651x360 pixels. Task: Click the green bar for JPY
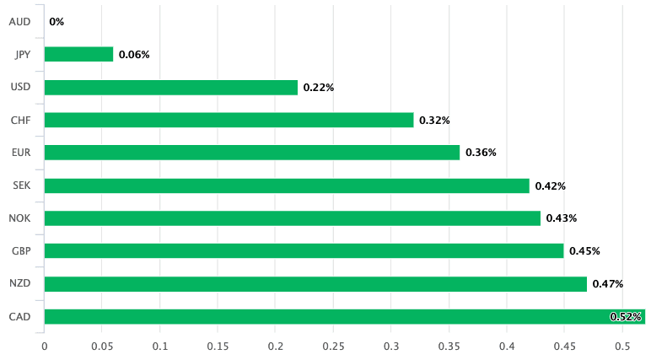click(x=78, y=54)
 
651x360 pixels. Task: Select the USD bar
click(x=170, y=87)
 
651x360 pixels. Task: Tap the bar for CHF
click(x=229, y=120)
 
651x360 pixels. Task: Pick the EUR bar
click(x=251, y=153)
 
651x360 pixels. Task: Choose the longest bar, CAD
click(x=337, y=317)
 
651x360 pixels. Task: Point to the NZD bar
click(x=315, y=284)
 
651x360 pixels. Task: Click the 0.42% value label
click(x=550, y=186)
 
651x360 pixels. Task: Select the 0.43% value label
click(x=561, y=219)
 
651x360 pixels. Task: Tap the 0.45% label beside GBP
click(x=584, y=251)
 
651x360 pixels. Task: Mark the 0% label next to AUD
click(x=56, y=22)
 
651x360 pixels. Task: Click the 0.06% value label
click(x=134, y=55)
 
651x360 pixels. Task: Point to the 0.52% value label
click(x=626, y=317)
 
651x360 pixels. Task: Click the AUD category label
click(x=20, y=21)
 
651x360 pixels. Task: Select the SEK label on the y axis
click(x=21, y=185)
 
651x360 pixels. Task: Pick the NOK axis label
click(x=20, y=218)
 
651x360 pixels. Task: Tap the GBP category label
click(x=21, y=251)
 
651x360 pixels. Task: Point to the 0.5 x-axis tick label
click(x=622, y=347)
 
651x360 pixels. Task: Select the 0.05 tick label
click(x=102, y=347)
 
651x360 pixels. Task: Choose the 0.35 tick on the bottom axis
click(x=449, y=347)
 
